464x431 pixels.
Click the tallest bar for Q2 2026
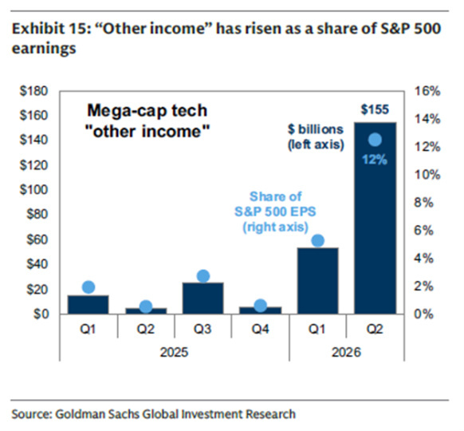click(376, 218)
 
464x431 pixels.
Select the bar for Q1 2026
click(318, 281)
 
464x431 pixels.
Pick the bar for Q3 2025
click(203, 299)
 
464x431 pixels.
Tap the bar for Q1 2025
click(88, 305)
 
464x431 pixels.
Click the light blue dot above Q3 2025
click(203, 276)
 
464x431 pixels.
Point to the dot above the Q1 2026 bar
click(318, 240)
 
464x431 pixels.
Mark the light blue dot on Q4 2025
click(261, 306)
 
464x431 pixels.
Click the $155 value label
click(375, 109)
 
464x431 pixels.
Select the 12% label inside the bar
click(375, 160)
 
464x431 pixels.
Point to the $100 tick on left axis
click(33, 190)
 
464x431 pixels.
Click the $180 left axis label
click(33, 91)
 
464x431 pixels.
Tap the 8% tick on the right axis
click(424, 204)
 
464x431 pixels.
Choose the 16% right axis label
click(427, 91)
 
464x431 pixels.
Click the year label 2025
click(174, 353)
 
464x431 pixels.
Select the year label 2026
click(347, 353)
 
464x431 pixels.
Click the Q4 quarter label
click(261, 329)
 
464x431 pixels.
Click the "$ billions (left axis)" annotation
click(316, 137)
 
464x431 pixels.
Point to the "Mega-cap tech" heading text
click(147, 110)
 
